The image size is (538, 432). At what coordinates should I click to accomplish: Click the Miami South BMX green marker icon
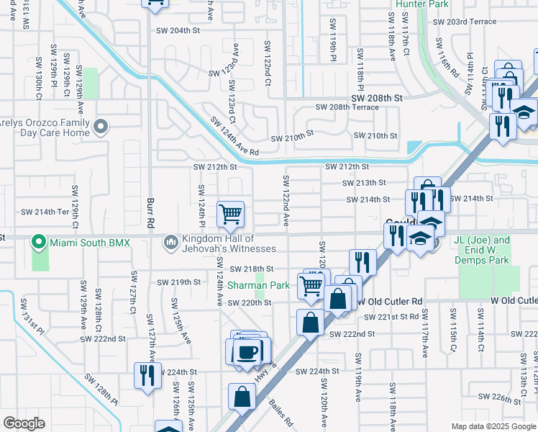[40, 243]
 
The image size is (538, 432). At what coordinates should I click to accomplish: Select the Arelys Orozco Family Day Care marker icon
[101, 127]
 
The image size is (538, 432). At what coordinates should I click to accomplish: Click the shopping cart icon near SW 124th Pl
[230, 213]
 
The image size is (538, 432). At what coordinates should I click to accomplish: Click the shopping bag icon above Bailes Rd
[242, 396]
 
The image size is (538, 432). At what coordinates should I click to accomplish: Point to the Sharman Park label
[259, 286]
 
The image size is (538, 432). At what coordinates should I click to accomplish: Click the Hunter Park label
[421, 4]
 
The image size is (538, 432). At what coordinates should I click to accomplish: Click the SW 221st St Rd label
[398, 316]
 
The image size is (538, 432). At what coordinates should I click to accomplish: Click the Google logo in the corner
[24, 423]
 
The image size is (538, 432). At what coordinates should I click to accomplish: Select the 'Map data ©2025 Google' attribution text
[493, 426]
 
